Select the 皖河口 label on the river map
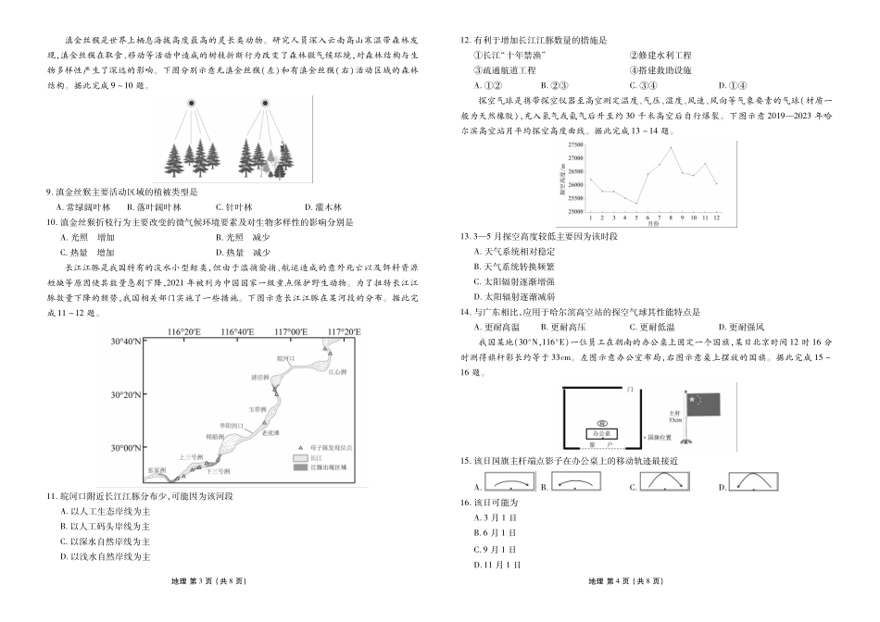285,357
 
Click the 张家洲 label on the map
157,470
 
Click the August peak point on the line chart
672,148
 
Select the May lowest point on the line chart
636,203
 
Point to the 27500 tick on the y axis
574,145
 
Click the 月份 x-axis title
653,223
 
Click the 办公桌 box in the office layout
601,433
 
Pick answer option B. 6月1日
493,532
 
